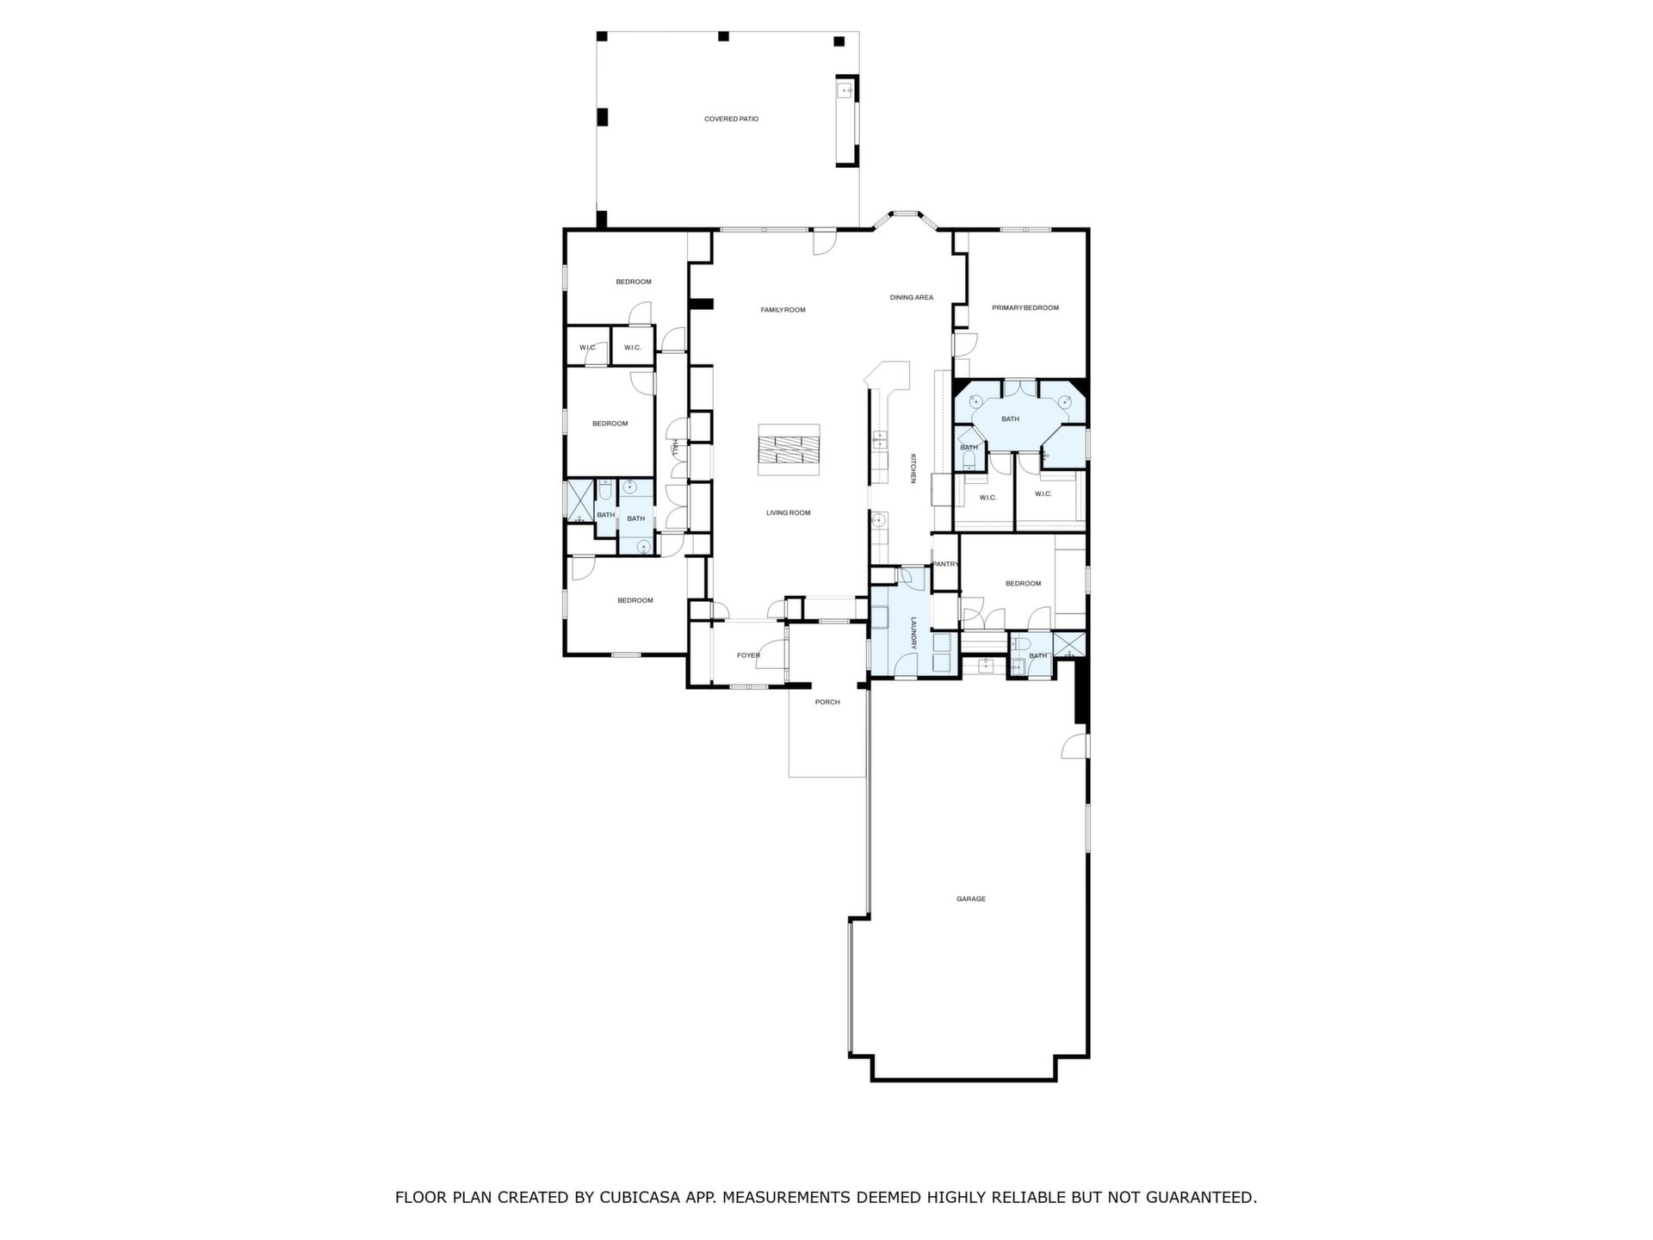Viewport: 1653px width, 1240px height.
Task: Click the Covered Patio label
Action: tap(731, 119)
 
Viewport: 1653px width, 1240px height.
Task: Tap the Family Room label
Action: tap(783, 310)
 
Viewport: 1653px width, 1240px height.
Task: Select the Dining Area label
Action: tap(912, 298)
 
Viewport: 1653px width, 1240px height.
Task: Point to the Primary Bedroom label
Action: tap(1025, 307)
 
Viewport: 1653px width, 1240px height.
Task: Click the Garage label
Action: tap(971, 899)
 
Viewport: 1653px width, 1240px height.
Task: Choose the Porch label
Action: tap(827, 702)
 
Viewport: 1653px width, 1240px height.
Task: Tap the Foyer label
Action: tap(748, 655)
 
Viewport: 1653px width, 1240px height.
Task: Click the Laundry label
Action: tap(913, 634)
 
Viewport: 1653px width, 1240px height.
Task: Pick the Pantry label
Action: tap(945, 564)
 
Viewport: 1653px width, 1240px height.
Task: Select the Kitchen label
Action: tap(913, 468)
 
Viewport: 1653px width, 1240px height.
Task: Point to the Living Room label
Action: tap(789, 513)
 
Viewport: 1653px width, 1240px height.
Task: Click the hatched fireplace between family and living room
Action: tap(789, 449)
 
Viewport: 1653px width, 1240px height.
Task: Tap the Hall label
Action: tap(676, 447)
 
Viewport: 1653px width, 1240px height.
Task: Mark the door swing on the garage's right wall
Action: tap(1074, 746)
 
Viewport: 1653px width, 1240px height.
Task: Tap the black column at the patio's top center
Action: tap(723, 36)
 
